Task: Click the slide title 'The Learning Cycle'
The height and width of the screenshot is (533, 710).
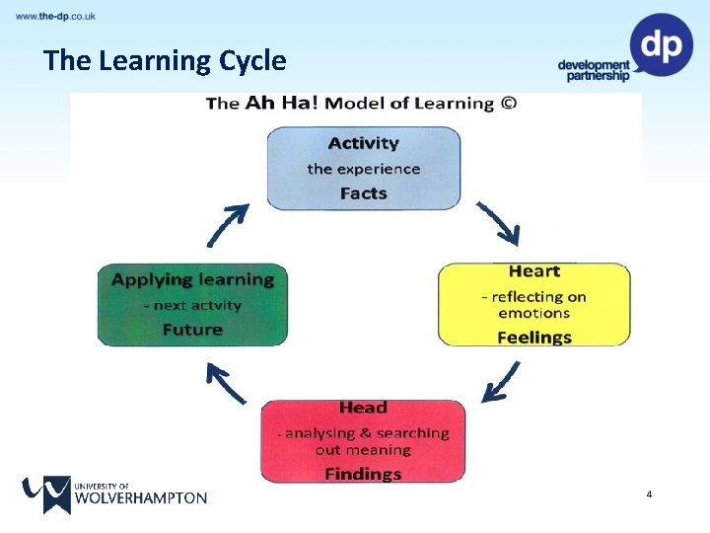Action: click(165, 61)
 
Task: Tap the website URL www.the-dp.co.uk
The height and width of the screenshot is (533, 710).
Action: click(56, 17)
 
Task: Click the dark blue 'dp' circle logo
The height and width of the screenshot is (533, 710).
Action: click(662, 44)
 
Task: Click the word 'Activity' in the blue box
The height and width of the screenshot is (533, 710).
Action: click(363, 144)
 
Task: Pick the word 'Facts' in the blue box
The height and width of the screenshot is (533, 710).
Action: click(363, 193)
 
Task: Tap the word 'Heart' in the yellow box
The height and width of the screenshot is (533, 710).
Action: click(533, 271)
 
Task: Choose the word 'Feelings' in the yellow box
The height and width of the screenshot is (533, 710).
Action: click(533, 337)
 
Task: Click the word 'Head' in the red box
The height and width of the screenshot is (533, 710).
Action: click(363, 408)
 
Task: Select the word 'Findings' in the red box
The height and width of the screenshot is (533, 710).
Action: click(363, 474)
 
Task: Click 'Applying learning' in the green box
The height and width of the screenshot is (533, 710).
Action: click(192, 279)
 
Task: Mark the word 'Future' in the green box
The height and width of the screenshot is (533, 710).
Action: click(192, 330)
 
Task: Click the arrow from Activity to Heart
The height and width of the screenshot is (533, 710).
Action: click(499, 224)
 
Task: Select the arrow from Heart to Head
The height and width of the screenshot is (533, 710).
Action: click(501, 383)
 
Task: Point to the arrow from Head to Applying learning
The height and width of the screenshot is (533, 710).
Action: click(226, 383)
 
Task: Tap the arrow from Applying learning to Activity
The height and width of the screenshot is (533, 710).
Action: click(226, 225)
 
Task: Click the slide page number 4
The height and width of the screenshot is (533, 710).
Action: click(649, 493)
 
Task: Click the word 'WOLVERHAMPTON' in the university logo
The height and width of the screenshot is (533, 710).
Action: click(140, 498)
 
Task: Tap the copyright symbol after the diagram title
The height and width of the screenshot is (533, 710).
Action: click(509, 104)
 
